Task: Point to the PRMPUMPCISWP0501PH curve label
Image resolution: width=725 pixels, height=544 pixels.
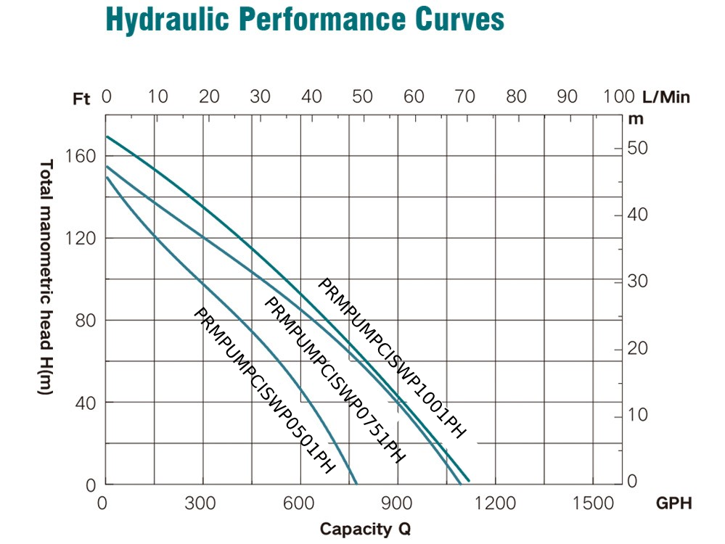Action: click(x=264, y=390)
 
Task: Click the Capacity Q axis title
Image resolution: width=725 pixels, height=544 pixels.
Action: click(x=365, y=528)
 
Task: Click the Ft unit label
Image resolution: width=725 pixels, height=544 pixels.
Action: click(x=82, y=99)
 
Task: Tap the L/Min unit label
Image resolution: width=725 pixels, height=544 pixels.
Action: click(x=665, y=97)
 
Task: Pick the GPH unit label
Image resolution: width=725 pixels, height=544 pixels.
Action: click(x=673, y=503)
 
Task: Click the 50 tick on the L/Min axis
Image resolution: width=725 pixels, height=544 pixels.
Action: click(x=362, y=97)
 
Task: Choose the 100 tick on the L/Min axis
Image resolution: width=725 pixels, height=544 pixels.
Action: click(x=619, y=97)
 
